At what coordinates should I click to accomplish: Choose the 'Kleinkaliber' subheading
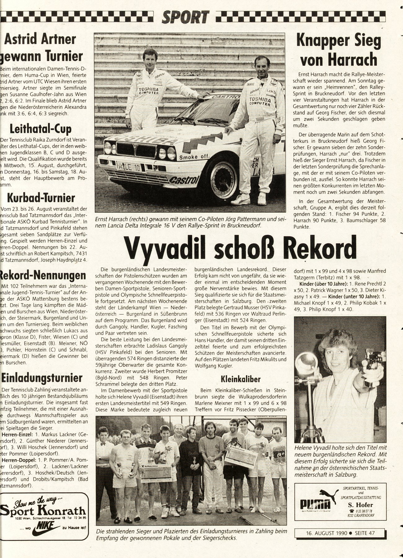tap(241, 379)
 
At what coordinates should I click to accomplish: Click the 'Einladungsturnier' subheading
tap(42, 378)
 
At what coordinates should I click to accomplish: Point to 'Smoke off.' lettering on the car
tap(195, 157)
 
